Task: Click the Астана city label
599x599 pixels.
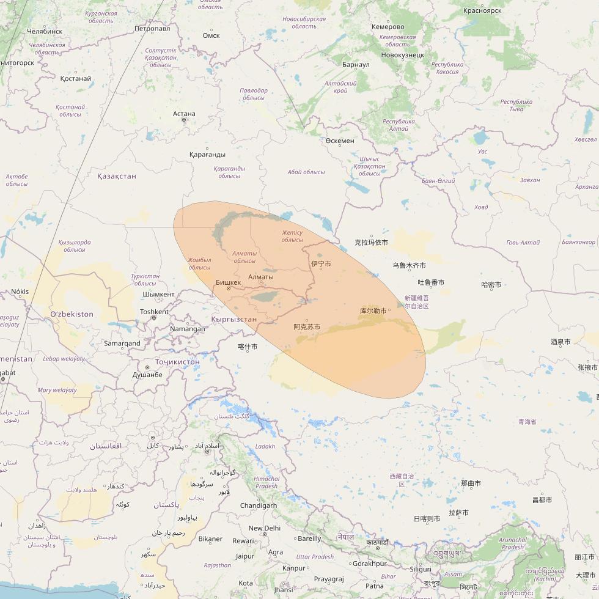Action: pyautogui.click(x=184, y=114)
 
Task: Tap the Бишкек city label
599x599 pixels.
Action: pyautogui.click(x=229, y=282)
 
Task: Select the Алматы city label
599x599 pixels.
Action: pyautogui.click(x=261, y=277)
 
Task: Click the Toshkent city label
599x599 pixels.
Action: pyautogui.click(x=154, y=312)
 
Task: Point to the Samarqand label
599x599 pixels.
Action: pyautogui.click(x=122, y=344)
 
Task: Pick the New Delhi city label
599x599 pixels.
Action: pyautogui.click(x=264, y=528)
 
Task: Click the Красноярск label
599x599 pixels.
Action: pyautogui.click(x=482, y=10)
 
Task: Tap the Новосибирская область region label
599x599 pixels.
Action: pyautogui.click(x=304, y=23)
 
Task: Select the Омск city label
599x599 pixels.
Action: pyautogui.click(x=211, y=35)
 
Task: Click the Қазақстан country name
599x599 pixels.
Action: pyautogui.click(x=117, y=176)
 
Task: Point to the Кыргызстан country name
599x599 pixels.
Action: pyautogui.click(x=233, y=319)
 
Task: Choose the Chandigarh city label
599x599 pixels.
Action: pyautogui.click(x=259, y=505)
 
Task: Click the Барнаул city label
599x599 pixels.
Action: pyautogui.click(x=356, y=64)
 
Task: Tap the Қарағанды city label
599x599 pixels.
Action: pyautogui.click(x=207, y=154)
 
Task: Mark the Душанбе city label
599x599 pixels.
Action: pyautogui.click(x=147, y=375)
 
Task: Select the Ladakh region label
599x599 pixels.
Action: pyautogui.click(x=265, y=446)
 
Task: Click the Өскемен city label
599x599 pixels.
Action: pyautogui.click(x=340, y=141)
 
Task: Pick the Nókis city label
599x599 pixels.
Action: pyautogui.click(x=20, y=292)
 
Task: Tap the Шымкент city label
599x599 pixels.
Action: pyautogui.click(x=158, y=294)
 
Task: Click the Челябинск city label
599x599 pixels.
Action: pyautogui.click(x=45, y=31)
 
